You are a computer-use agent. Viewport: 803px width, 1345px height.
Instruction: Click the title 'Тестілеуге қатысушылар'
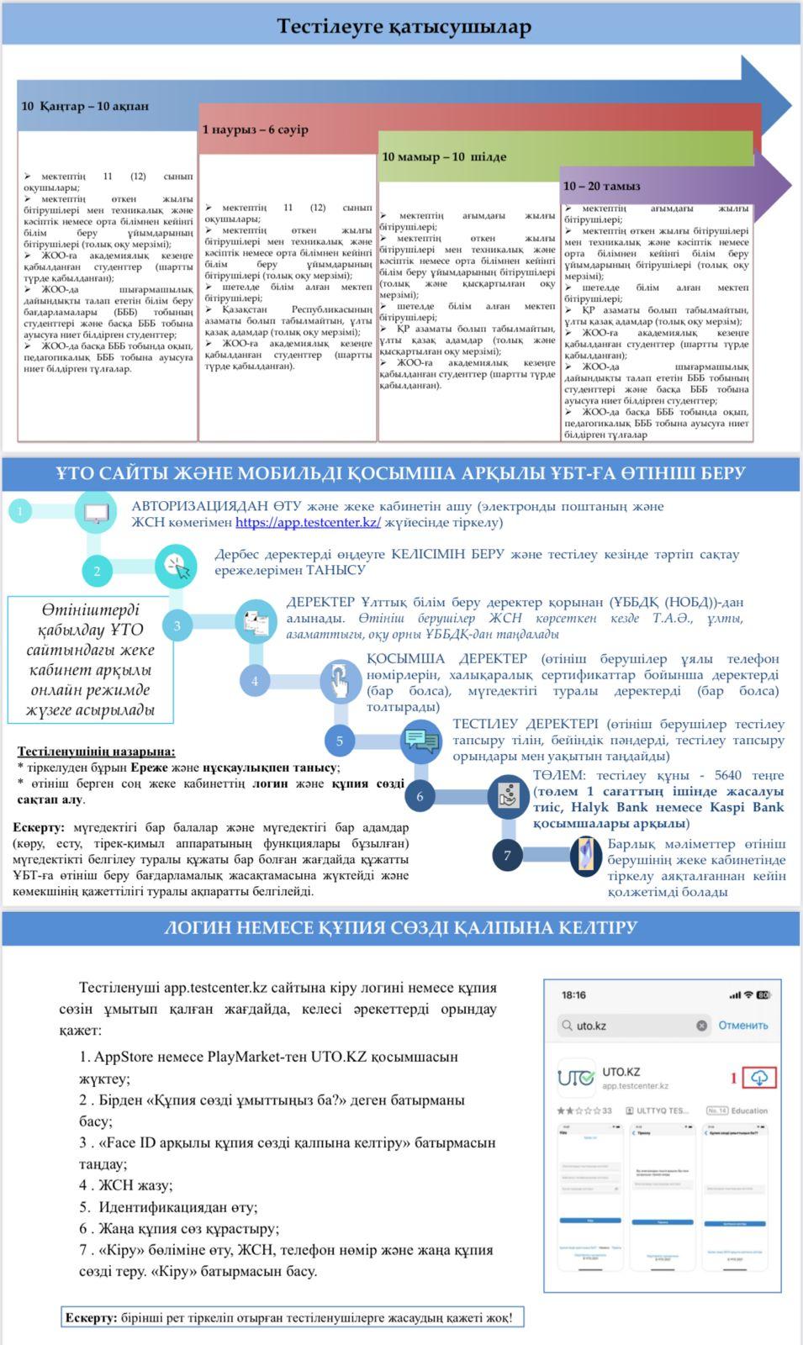[x=404, y=27]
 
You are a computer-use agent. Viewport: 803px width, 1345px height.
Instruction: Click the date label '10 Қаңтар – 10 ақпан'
[x=85, y=107]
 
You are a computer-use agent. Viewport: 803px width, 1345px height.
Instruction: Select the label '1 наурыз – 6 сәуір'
[x=255, y=130]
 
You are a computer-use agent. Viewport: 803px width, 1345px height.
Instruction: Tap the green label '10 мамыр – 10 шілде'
[x=444, y=157]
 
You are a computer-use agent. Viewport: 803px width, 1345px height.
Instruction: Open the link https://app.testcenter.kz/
[x=308, y=522]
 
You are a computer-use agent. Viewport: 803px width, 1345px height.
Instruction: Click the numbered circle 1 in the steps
[x=19, y=510]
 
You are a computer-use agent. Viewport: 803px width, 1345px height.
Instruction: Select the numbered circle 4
[x=255, y=681]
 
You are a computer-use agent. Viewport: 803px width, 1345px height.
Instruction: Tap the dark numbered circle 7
[x=507, y=856]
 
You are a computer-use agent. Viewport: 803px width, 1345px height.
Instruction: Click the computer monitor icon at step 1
[x=96, y=513]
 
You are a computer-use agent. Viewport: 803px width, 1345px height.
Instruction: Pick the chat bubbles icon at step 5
[x=420, y=740]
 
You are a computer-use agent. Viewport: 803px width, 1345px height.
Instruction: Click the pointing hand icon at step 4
[x=339, y=681]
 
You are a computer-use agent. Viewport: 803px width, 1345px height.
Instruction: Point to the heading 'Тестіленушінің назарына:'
[x=97, y=752]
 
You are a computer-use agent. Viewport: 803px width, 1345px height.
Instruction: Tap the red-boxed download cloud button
[x=759, y=1078]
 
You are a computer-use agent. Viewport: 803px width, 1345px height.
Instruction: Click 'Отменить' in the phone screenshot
[x=742, y=1026]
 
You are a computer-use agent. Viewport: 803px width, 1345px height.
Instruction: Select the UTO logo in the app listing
[x=576, y=1078]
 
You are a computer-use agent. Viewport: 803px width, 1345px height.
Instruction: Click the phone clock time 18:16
[x=573, y=995]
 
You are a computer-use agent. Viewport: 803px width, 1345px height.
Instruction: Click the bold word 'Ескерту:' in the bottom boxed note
[x=91, y=1317]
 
